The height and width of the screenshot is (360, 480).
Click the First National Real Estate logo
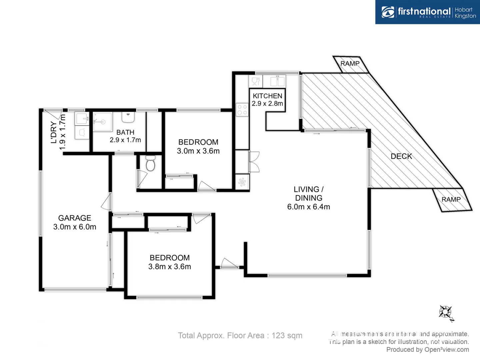pyautogui.click(x=428, y=12)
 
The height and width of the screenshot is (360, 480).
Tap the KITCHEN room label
pyautogui.click(x=267, y=96)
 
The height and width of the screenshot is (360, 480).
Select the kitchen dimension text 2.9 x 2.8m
pyautogui.click(x=267, y=104)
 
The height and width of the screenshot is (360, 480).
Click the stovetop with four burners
pyautogui.click(x=242, y=110)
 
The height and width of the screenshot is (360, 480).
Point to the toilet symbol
pyautogui.click(x=151, y=163)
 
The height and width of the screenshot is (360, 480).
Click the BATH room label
pyautogui.click(x=125, y=132)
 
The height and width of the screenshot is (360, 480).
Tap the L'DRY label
pyautogui.click(x=53, y=133)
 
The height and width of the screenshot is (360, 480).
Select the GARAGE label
pyautogui.click(x=75, y=218)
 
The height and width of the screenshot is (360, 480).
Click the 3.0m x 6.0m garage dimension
pyautogui.click(x=75, y=227)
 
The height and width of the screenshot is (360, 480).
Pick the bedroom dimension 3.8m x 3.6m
pyautogui.click(x=170, y=267)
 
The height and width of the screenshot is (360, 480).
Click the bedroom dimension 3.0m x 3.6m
pyautogui.click(x=198, y=151)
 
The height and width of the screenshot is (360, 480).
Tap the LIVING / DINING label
pyautogui.click(x=309, y=194)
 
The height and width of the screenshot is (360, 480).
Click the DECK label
pyautogui.click(x=401, y=156)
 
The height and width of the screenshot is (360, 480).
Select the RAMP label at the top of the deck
pyautogui.click(x=350, y=64)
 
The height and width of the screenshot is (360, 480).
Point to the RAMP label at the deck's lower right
pyautogui.click(x=451, y=200)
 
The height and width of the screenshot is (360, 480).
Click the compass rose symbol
pyautogui.click(x=446, y=313)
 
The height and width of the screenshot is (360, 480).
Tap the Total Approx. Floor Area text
pyautogui.click(x=240, y=336)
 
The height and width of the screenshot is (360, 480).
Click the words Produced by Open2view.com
pyautogui.click(x=427, y=350)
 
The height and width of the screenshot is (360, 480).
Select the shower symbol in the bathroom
pyautogui.click(x=102, y=122)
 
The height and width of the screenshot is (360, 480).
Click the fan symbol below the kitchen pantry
pyautogui.click(x=242, y=182)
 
